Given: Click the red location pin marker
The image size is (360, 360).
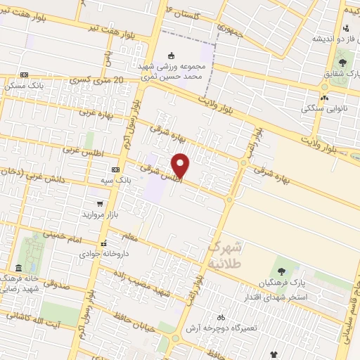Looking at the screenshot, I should click(x=181, y=165).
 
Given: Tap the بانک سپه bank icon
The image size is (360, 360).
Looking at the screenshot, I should click(x=115, y=169).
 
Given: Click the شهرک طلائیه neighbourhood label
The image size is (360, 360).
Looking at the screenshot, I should click(x=225, y=255).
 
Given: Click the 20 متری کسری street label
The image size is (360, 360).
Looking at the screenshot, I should click(x=98, y=82).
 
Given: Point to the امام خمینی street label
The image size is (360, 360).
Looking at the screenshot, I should click(x=72, y=238).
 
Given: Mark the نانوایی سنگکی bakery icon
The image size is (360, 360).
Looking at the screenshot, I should click(x=325, y=98).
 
